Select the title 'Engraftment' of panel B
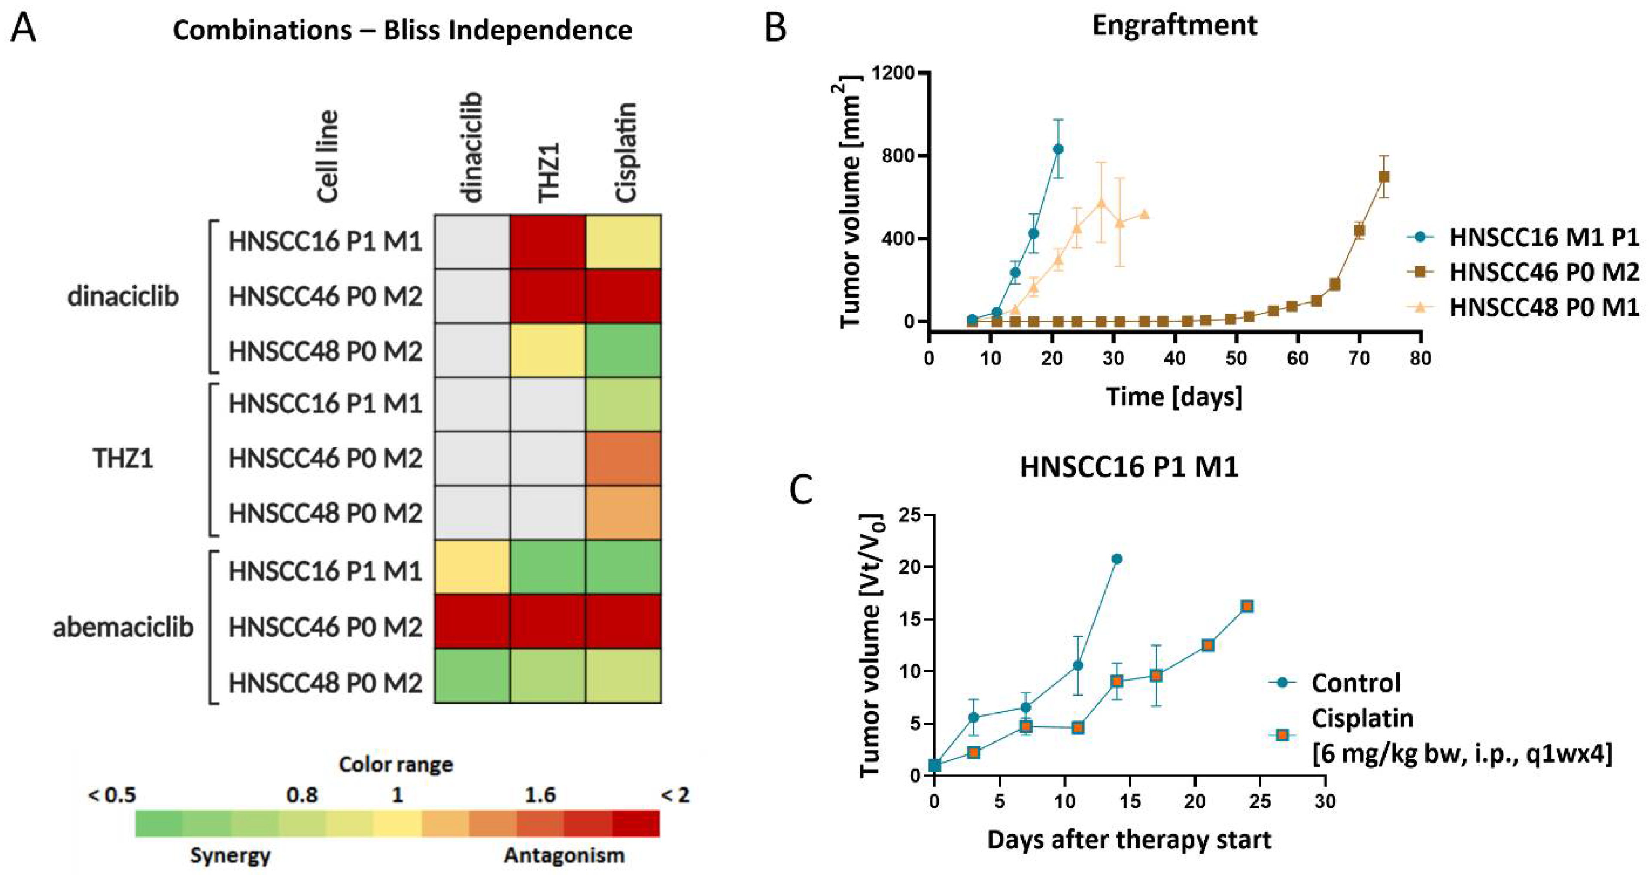[x=1174, y=26]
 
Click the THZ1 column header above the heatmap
[x=549, y=173]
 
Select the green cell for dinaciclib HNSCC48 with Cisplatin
[x=623, y=350]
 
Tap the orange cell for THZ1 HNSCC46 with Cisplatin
[x=623, y=459]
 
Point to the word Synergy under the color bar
[x=230, y=855]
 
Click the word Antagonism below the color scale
[x=564, y=855]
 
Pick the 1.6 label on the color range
[x=540, y=796]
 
